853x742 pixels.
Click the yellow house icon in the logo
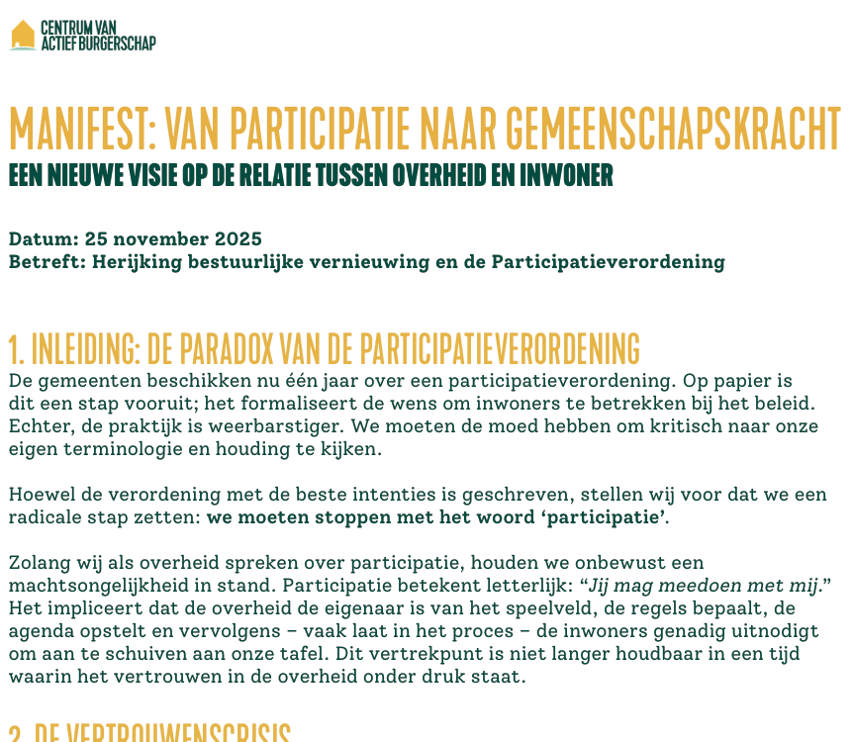(x=23, y=35)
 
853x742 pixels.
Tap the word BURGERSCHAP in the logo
(x=118, y=42)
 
